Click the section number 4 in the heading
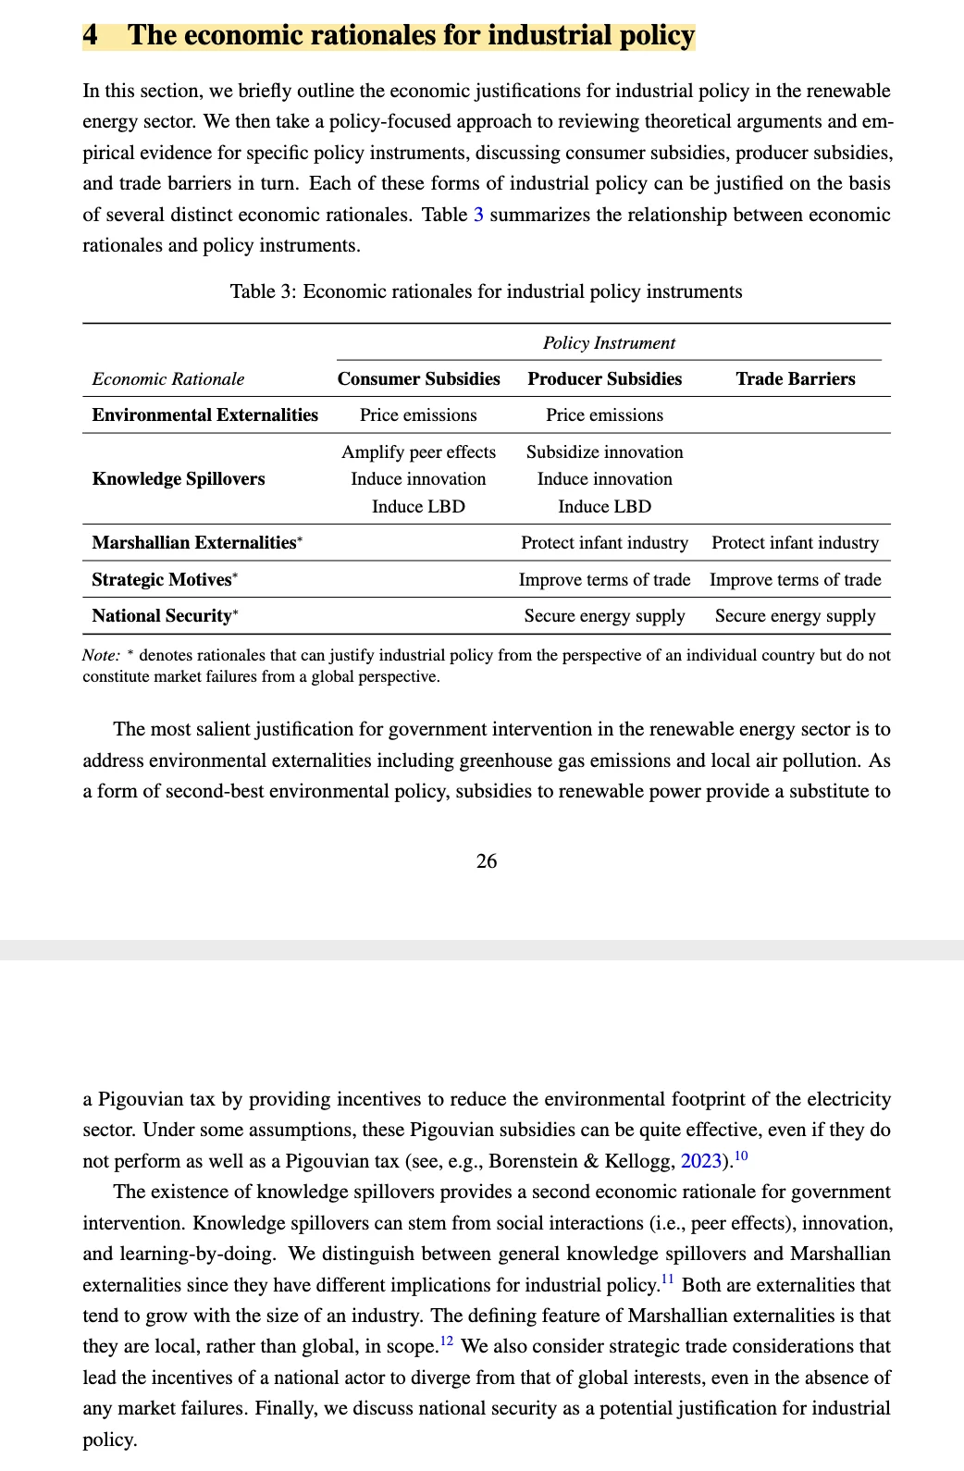tap(91, 35)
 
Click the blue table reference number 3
tap(478, 215)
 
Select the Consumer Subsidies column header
tap(418, 378)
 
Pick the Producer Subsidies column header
tap(604, 378)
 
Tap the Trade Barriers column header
tap(795, 378)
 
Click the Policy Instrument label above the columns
tap(609, 342)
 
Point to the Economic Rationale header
tap(168, 378)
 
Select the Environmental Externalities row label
tap(204, 414)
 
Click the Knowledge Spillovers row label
tap(178, 478)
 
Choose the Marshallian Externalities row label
tap(193, 542)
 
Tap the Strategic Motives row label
tap(162, 579)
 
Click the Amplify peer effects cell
tap(418, 451)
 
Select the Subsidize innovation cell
tap(604, 451)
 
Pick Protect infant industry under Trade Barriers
tap(795, 542)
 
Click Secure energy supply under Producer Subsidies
tap(604, 615)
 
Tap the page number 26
tap(486, 861)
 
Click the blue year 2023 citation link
tap(700, 1161)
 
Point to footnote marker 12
tap(447, 1341)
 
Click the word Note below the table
tap(100, 655)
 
